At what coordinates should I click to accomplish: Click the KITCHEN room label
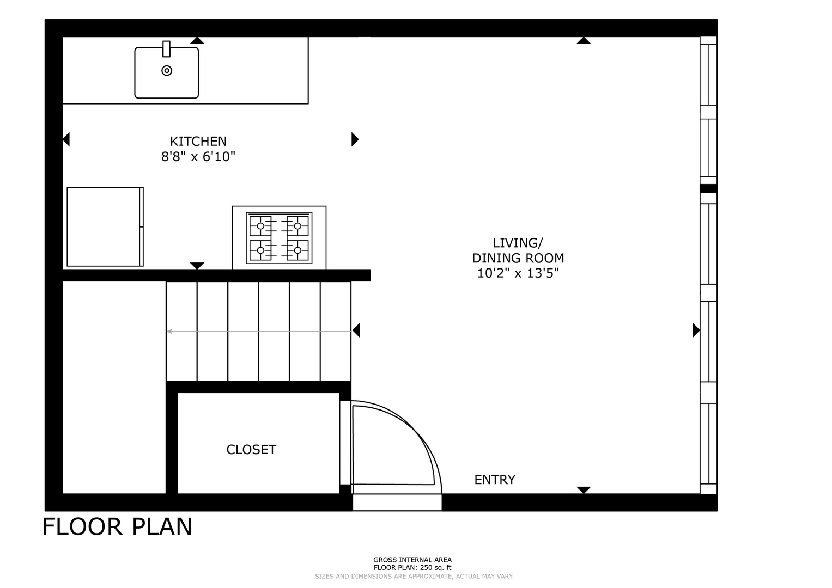point(198,142)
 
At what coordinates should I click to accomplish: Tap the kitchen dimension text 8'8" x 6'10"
point(198,157)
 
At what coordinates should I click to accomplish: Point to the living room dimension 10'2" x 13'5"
point(518,273)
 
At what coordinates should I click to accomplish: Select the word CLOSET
point(252,450)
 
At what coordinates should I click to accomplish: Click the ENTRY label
point(495,480)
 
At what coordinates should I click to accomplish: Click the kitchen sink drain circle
point(167,71)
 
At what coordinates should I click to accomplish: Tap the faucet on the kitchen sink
point(166,49)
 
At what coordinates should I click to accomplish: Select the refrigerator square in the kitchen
point(105,227)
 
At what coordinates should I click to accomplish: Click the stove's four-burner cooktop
point(279,238)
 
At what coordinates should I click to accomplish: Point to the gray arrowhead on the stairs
point(169,331)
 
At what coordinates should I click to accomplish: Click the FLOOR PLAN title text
point(117,527)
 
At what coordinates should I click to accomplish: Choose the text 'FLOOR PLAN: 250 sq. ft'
point(412,567)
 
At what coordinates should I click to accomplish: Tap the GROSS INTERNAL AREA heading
point(412,560)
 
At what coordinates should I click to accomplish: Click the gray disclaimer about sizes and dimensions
point(414,577)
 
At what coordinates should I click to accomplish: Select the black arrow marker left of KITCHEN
point(66,139)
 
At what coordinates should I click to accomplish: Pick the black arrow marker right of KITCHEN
point(355,139)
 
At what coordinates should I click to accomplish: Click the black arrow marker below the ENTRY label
point(584,490)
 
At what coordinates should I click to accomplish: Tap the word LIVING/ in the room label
point(518,243)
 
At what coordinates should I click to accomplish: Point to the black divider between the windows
point(708,188)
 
